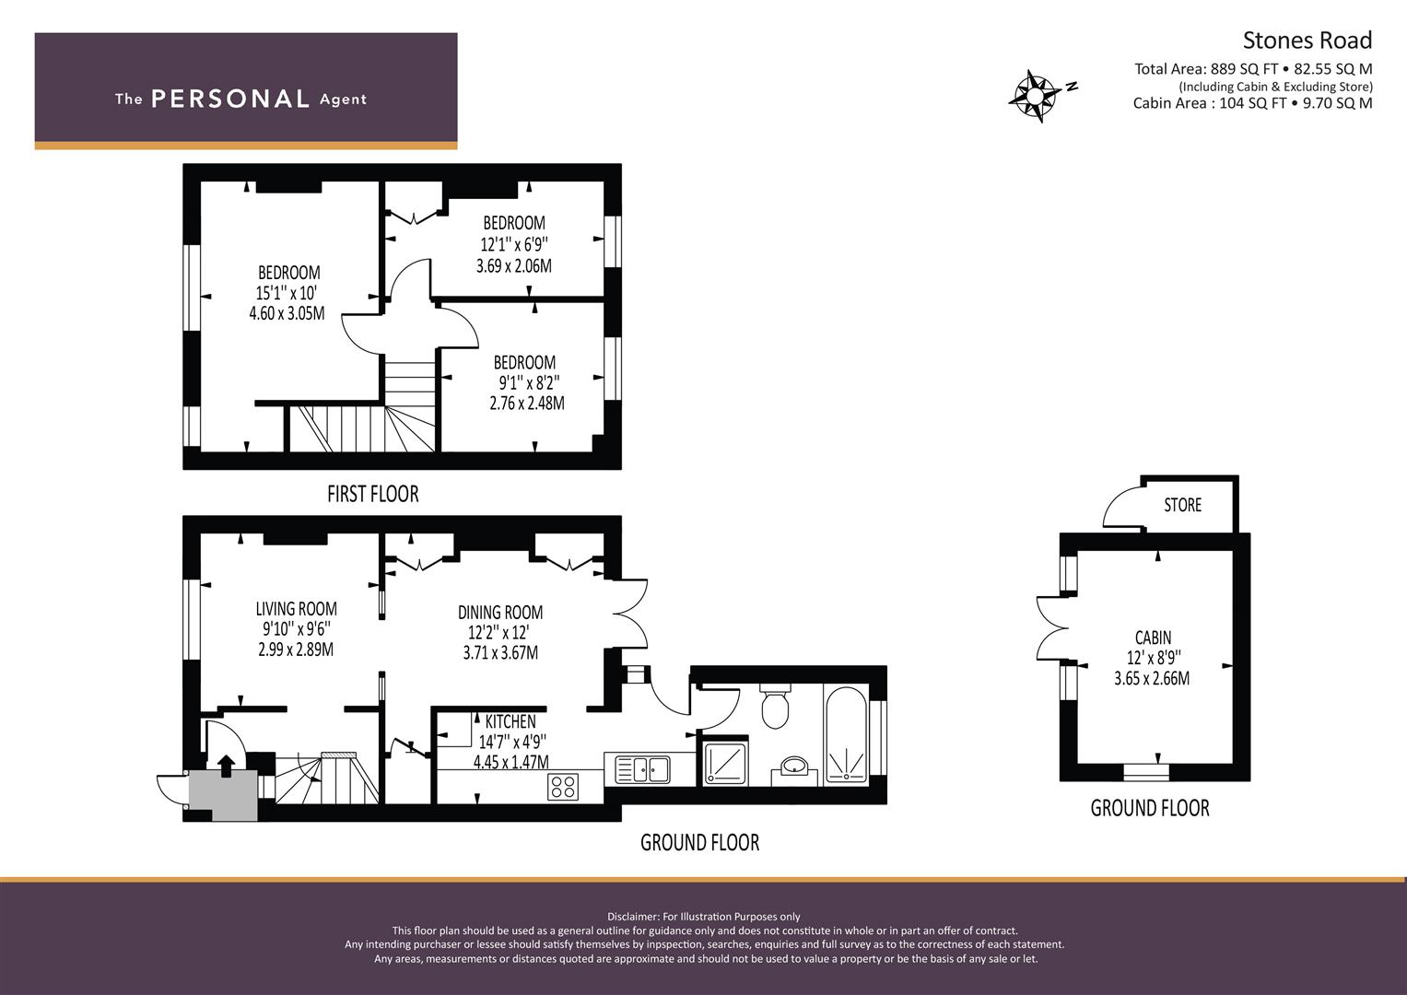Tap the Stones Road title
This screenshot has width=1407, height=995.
click(1307, 41)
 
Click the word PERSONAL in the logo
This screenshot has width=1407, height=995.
click(230, 99)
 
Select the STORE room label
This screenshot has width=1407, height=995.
click(1182, 505)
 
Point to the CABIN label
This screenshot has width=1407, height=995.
click(1153, 638)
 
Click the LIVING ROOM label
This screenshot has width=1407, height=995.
click(296, 609)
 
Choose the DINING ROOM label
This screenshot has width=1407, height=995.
click(500, 613)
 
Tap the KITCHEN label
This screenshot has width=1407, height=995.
click(510, 721)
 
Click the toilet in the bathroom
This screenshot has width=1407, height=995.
click(775, 706)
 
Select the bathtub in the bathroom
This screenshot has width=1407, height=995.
click(846, 735)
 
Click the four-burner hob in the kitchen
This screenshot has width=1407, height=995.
click(563, 787)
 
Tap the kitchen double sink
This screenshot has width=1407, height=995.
click(642, 769)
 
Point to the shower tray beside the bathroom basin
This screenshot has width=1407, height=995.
click(725, 763)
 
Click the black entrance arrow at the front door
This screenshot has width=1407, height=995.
click(226, 767)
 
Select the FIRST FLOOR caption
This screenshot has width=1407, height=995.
click(372, 495)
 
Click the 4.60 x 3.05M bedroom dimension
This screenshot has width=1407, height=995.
click(287, 313)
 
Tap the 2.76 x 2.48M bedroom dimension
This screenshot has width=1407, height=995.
click(527, 403)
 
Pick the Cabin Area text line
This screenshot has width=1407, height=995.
click(1252, 103)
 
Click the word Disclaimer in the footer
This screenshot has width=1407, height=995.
click(632, 917)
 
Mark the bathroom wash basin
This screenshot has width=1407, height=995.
click(794, 766)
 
